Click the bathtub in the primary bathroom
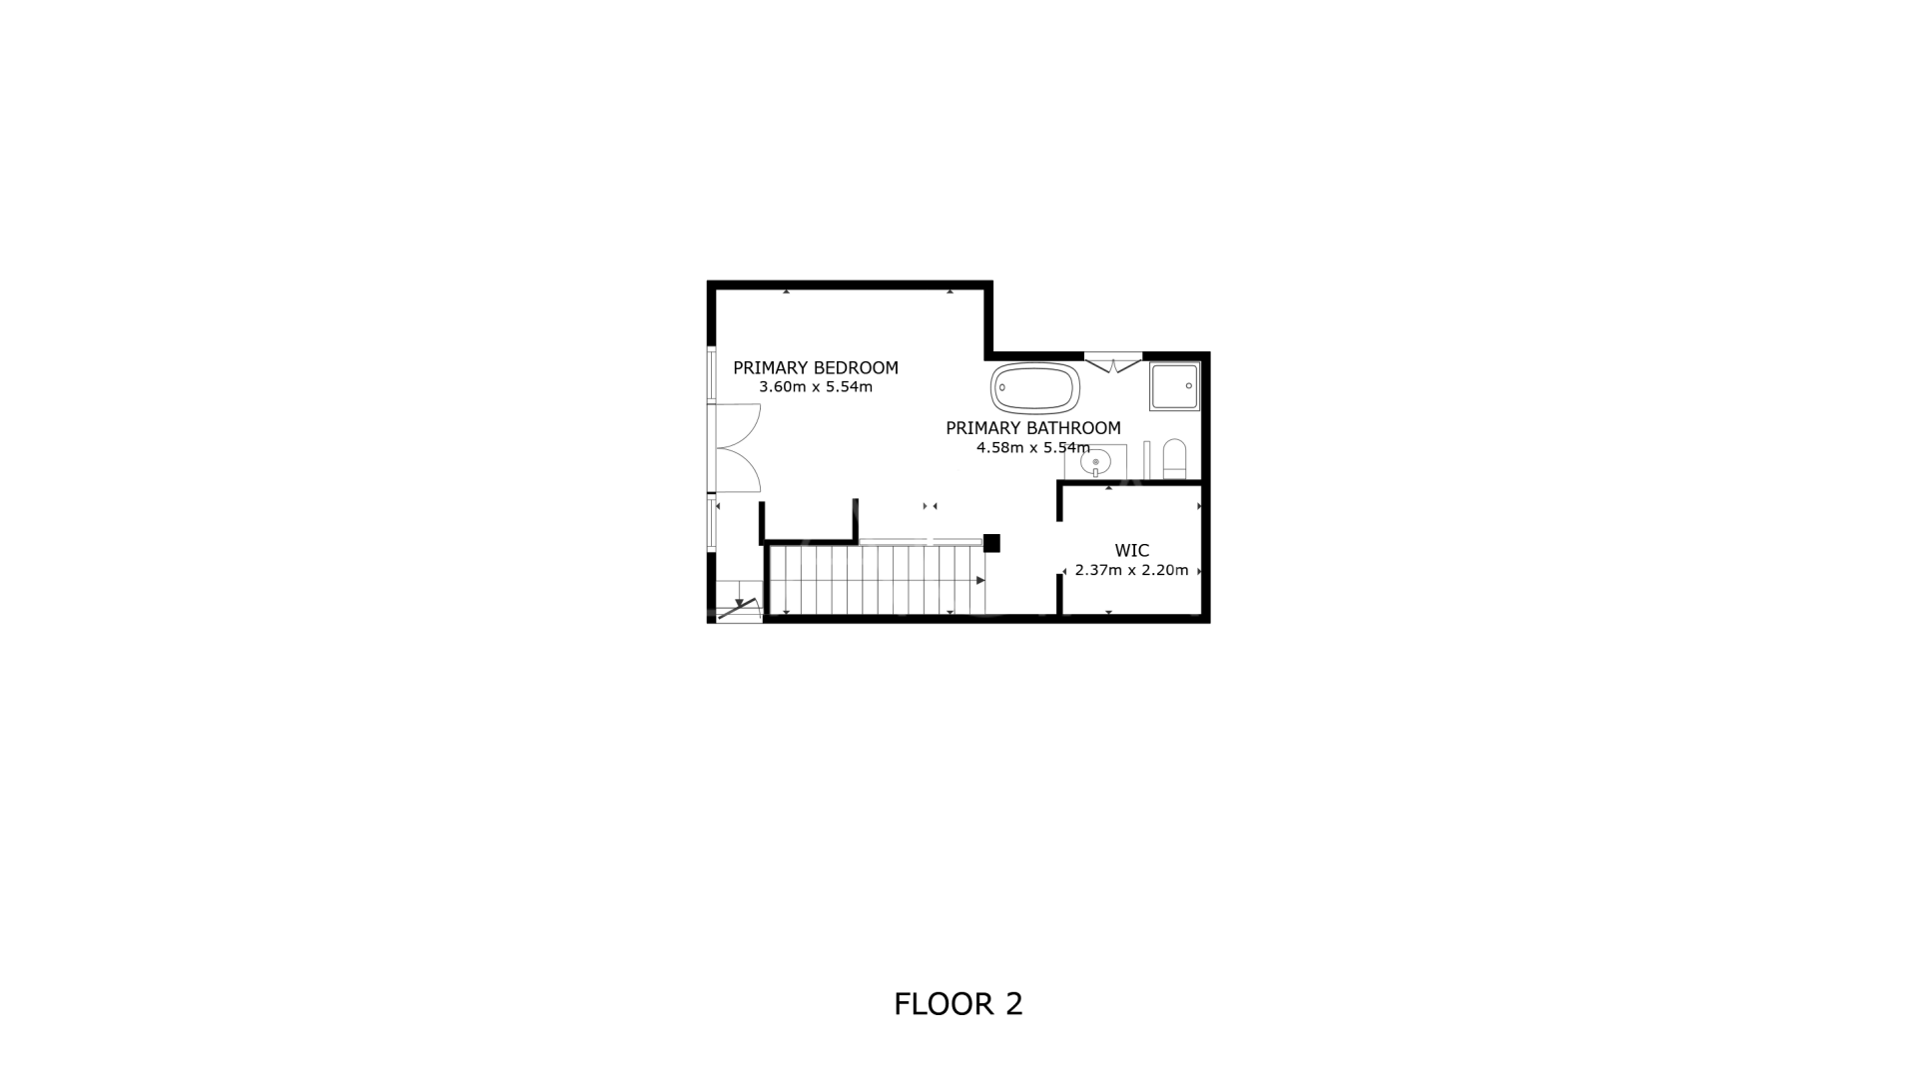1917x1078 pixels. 1035,388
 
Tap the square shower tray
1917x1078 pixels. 1174,386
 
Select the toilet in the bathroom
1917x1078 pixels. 1174,459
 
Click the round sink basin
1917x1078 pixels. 1095,463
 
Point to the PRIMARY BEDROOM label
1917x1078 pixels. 816,367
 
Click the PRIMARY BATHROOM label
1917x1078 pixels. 1033,428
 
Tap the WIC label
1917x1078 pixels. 1132,550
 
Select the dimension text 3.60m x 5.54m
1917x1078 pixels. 816,387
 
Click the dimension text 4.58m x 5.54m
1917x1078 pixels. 1033,448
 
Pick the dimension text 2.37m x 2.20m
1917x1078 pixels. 1132,571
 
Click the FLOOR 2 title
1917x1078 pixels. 958,1004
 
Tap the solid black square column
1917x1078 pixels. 991,543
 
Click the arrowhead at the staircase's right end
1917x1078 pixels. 980,580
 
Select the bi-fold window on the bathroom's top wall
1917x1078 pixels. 1113,361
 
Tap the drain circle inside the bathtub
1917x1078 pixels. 1001,388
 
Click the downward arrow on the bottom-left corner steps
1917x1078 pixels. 739,602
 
